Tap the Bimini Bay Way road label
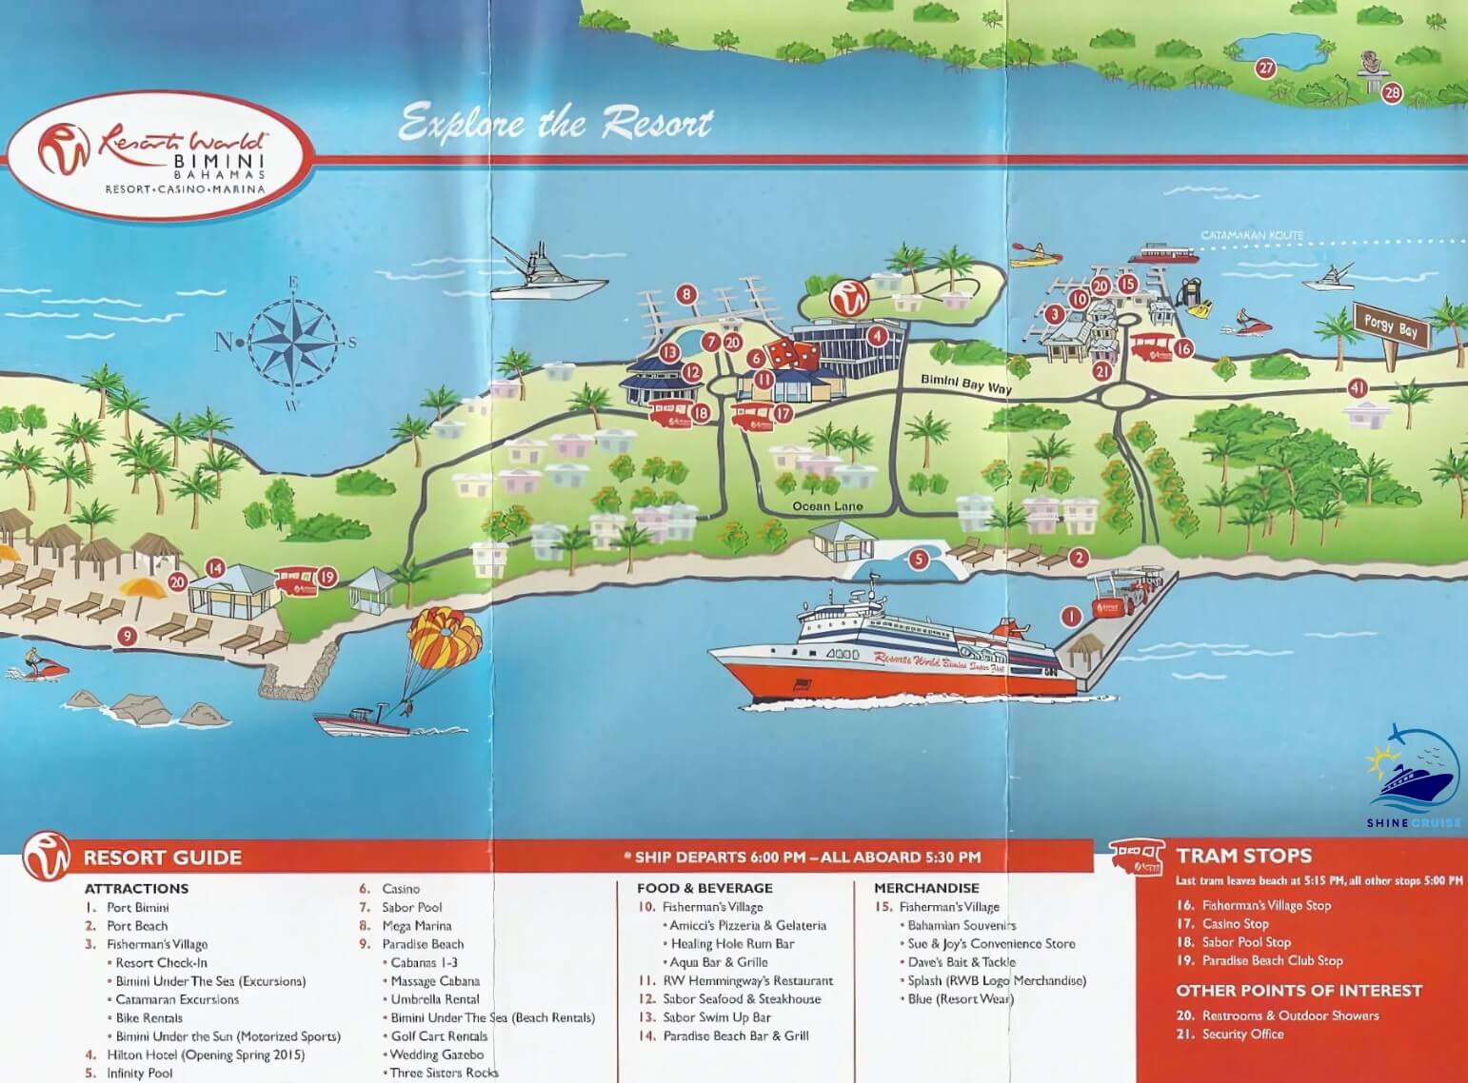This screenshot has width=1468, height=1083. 966,383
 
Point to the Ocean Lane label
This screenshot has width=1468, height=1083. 827,506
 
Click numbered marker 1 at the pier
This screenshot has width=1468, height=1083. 1071,618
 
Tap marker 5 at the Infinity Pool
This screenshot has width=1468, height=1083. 919,560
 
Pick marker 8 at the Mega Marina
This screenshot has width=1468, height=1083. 686,295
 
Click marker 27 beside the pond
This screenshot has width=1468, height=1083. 1265,68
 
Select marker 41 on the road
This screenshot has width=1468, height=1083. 1358,388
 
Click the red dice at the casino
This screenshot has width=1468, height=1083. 792,355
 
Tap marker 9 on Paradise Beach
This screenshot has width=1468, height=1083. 127,637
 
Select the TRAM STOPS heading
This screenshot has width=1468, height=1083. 1243,856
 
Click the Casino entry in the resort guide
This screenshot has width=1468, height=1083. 400,889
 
